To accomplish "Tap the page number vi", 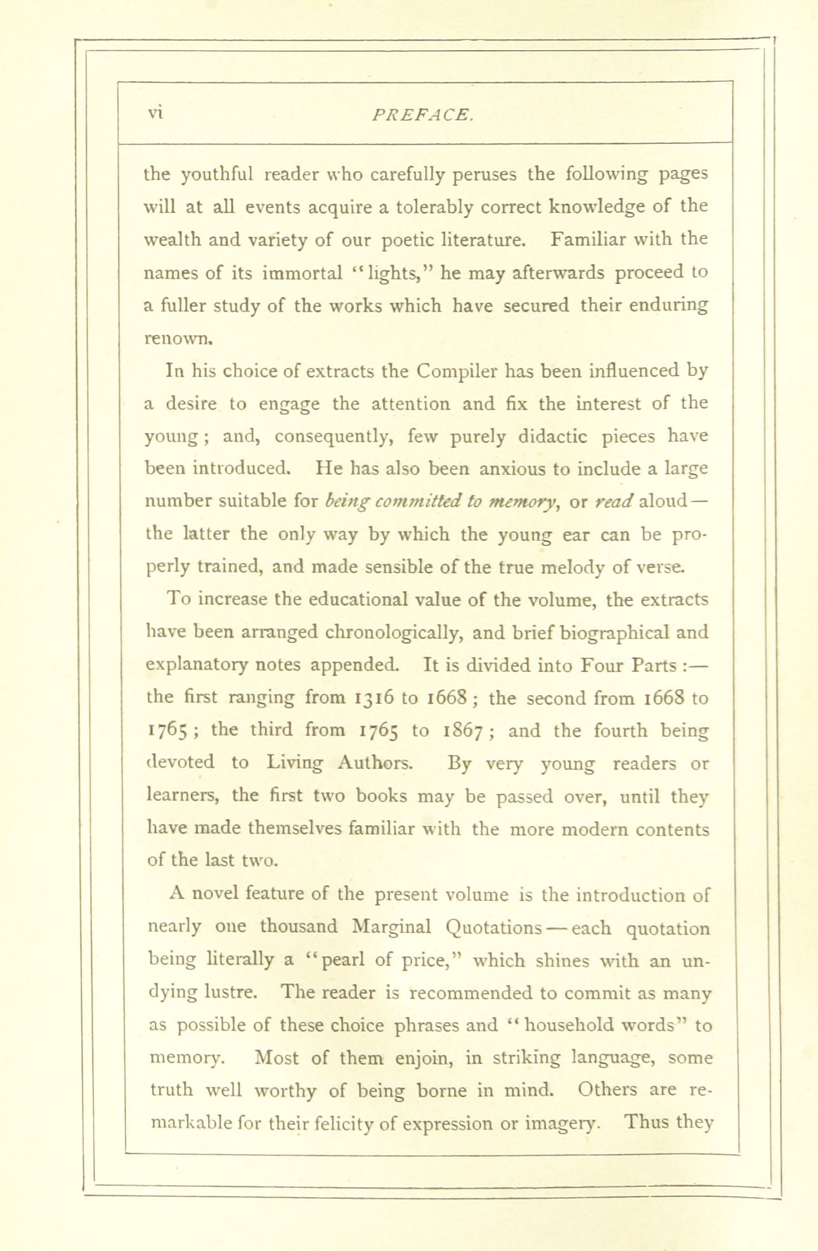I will [x=156, y=113].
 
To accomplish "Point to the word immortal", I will [x=302, y=273].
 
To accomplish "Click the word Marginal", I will [x=391, y=927].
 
